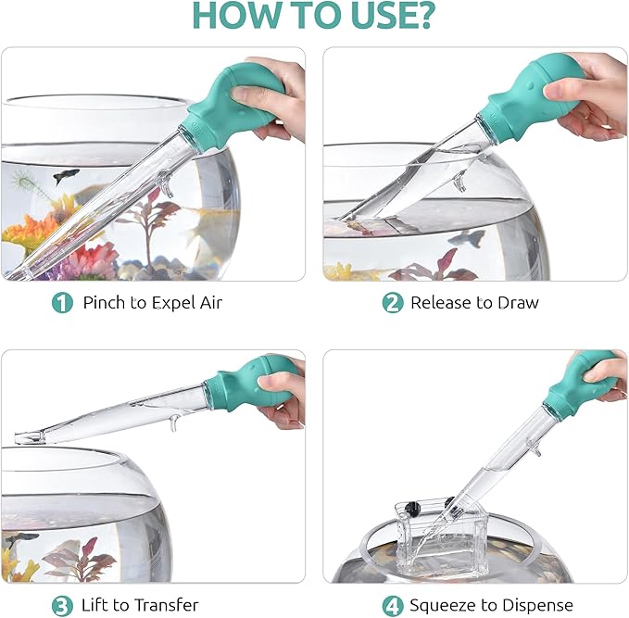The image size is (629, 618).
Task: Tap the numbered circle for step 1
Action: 62,303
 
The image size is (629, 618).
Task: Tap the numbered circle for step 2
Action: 393,303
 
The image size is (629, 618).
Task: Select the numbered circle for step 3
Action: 62,606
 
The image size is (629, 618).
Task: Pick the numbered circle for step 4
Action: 393,606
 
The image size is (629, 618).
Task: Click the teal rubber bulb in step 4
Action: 581,382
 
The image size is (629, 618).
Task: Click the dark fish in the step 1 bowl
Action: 66,176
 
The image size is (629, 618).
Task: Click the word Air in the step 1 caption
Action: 210,303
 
